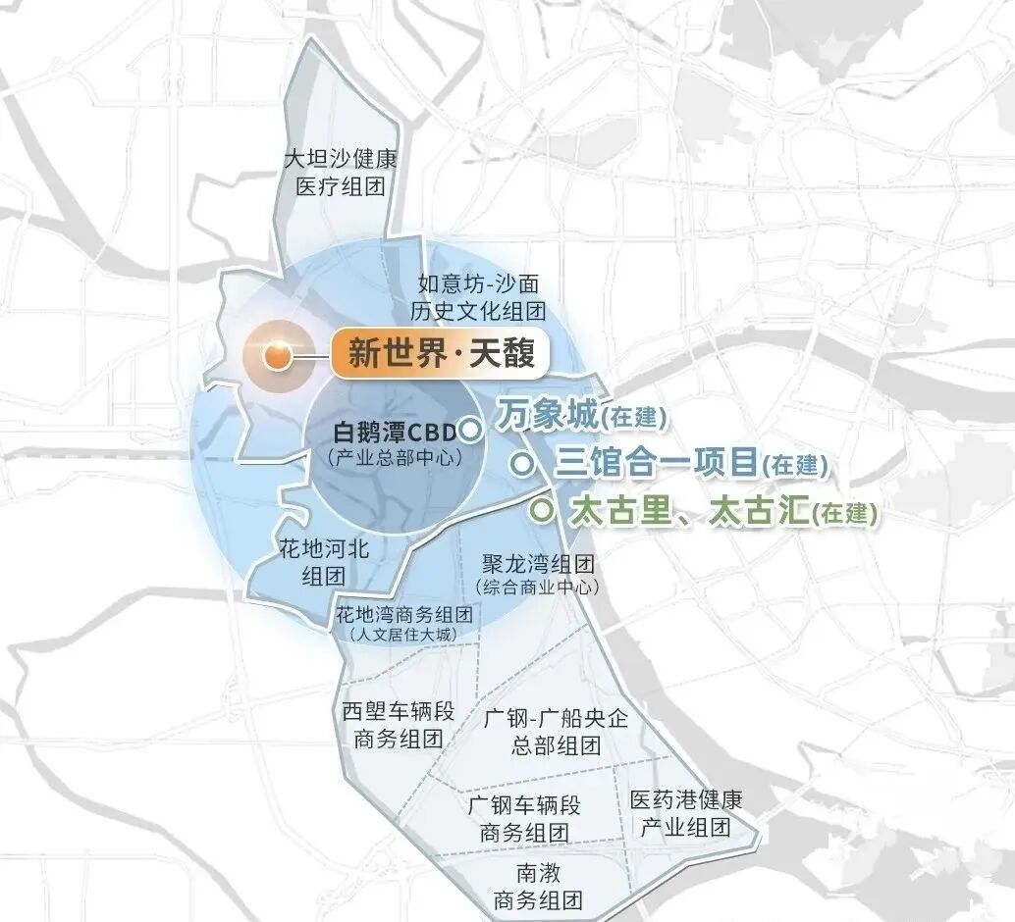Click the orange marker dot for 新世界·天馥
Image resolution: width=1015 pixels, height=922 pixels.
pos(278,355)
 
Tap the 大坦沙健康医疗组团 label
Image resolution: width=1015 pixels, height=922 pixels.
pos(340,173)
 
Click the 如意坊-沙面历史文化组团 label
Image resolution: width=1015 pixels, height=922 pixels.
pos(478,298)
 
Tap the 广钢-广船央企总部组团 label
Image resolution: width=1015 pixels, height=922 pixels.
pos(555,731)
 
